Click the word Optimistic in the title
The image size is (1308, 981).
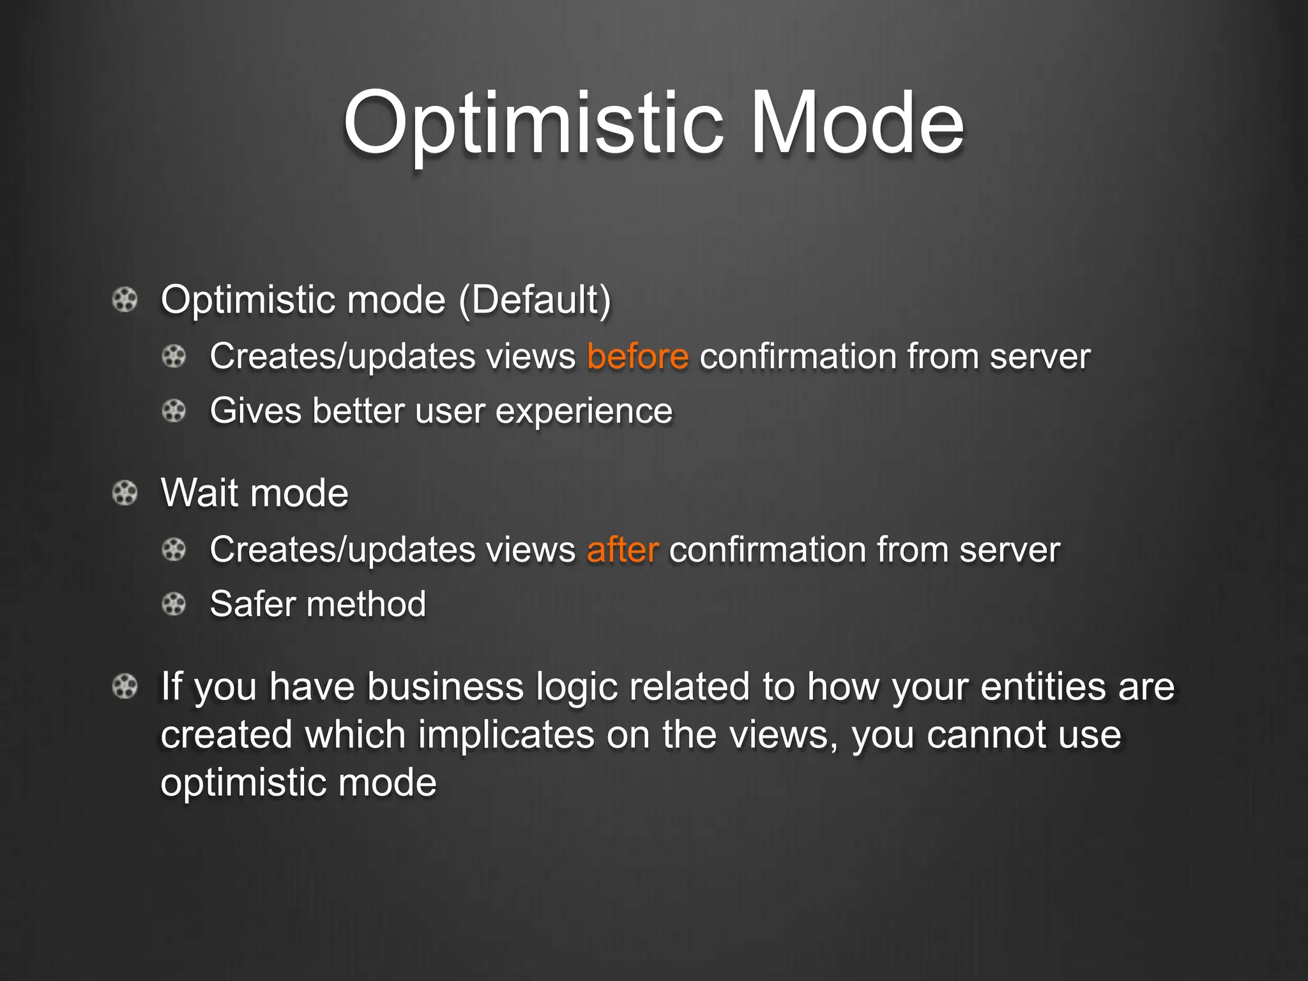click(x=533, y=125)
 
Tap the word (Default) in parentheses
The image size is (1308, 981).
click(x=535, y=300)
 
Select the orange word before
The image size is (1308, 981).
click(x=637, y=356)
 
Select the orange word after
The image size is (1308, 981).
click(x=622, y=549)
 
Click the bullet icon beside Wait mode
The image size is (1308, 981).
click(x=125, y=493)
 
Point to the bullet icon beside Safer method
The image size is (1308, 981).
click(x=174, y=604)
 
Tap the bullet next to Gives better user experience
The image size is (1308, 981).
click(x=174, y=410)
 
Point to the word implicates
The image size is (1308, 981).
click(x=506, y=734)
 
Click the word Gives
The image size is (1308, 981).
click(x=255, y=410)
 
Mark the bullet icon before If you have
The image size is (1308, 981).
click(x=125, y=687)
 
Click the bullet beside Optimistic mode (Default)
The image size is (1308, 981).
click(x=125, y=300)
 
